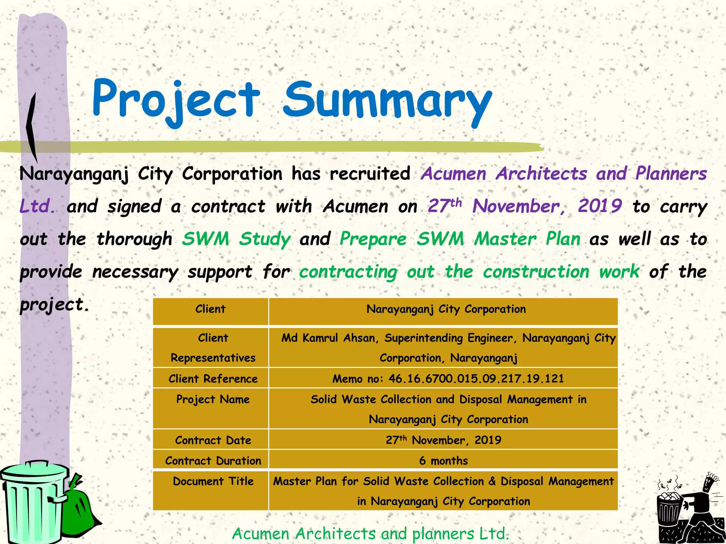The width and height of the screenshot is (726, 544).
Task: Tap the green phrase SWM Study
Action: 236,239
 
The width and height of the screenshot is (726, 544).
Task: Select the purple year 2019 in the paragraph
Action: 600,206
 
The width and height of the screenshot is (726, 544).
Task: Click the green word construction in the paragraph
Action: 536,272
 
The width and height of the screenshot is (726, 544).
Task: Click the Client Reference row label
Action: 213,379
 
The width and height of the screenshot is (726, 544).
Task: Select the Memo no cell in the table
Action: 448,379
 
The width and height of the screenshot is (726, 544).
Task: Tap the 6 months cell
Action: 443,460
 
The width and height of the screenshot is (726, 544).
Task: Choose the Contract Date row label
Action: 213,440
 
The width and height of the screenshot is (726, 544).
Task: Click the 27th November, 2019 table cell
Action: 443,440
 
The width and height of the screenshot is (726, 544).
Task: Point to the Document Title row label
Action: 213,481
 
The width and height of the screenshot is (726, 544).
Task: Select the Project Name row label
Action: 213,399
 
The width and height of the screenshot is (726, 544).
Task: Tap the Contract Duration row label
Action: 213,460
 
